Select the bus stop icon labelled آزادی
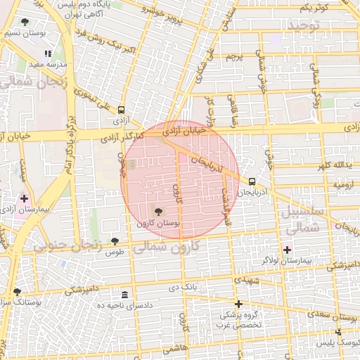[x=122, y=110]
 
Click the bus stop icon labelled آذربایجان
[x=252, y=181]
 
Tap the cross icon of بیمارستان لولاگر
[x=287, y=249]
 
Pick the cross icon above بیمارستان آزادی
[x=24, y=199]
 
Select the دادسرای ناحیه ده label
[x=125, y=305]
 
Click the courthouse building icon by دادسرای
[x=125, y=295]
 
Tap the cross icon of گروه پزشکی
[x=239, y=304]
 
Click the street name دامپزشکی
[x=84, y=290]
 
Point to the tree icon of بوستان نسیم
[x=25, y=22]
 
